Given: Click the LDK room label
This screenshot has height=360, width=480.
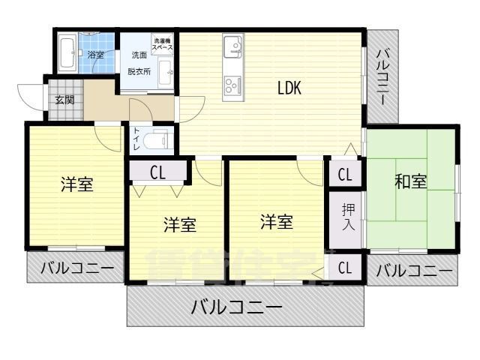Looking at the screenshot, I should coord(289,88).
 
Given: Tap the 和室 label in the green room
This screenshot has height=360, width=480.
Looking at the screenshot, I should coord(411,181).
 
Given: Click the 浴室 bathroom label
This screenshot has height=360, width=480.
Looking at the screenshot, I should coord(95,55).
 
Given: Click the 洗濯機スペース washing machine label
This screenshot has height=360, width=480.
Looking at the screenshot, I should coord(163,44).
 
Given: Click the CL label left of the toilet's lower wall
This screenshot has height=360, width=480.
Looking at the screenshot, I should coord(157,172).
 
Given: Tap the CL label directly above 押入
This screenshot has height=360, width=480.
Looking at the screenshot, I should coord(345,175).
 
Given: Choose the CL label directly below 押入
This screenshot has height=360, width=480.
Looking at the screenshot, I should coord(345,268).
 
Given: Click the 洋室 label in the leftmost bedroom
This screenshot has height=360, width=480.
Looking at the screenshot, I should coord(77,184).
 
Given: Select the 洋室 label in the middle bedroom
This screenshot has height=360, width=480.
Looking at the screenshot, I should coord(180,224).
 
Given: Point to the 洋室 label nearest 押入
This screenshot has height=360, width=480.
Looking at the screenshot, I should coord(277,222).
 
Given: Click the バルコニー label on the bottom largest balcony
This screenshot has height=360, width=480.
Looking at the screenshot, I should coord(236,306).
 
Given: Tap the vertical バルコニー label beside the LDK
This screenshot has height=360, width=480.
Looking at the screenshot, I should coord(383,76).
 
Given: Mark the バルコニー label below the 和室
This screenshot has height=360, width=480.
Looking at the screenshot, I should coord(415,270).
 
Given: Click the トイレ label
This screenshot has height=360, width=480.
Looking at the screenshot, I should coord(137,140).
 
